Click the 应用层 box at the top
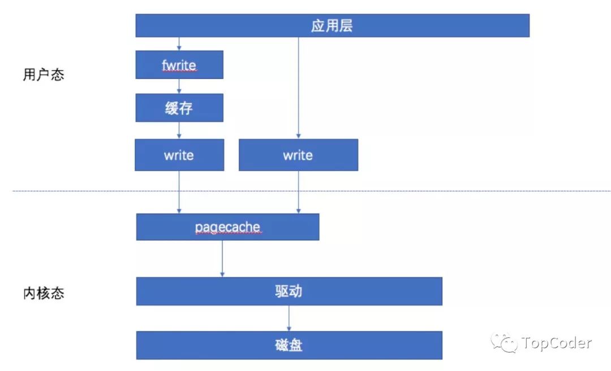point(332,26)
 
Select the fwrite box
point(179,65)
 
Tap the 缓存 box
point(179,108)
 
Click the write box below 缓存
point(179,155)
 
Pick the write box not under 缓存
point(298,155)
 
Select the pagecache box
point(227,227)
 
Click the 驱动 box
point(289,291)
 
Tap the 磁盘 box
point(289,345)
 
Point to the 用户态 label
point(44,75)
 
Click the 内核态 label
point(44,293)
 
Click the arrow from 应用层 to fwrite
point(179,44)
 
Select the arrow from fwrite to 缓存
point(179,86)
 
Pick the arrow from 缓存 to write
point(179,130)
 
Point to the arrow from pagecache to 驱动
point(222,259)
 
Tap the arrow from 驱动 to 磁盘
point(289,318)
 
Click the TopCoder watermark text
point(557,343)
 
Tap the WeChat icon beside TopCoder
point(504,342)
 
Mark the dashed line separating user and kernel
point(396,191)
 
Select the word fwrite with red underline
point(179,66)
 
